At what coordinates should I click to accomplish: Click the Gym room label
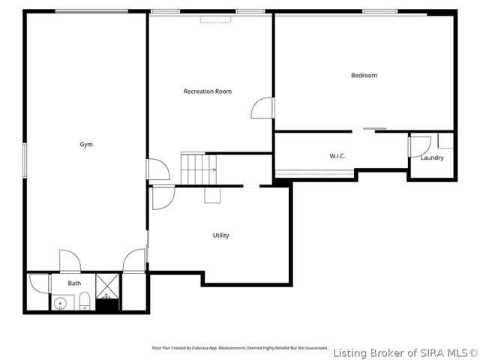(x=86, y=144)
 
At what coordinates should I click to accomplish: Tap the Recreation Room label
(x=208, y=91)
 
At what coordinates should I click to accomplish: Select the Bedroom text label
(x=364, y=75)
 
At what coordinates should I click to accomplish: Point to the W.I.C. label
(x=337, y=156)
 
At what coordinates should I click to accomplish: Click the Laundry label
(x=431, y=157)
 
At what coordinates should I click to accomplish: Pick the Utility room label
(x=220, y=235)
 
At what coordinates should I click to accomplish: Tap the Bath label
(x=74, y=283)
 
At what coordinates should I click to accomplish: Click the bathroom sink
(x=61, y=304)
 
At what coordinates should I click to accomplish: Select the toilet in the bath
(x=85, y=302)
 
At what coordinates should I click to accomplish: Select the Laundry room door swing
(x=420, y=145)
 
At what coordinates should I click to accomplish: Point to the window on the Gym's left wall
(x=24, y=160)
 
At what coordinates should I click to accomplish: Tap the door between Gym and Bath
(x=70, y=261)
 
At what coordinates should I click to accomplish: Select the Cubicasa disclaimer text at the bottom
(x=239, y=348)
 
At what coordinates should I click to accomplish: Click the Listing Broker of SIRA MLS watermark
(x=405, y=352)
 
